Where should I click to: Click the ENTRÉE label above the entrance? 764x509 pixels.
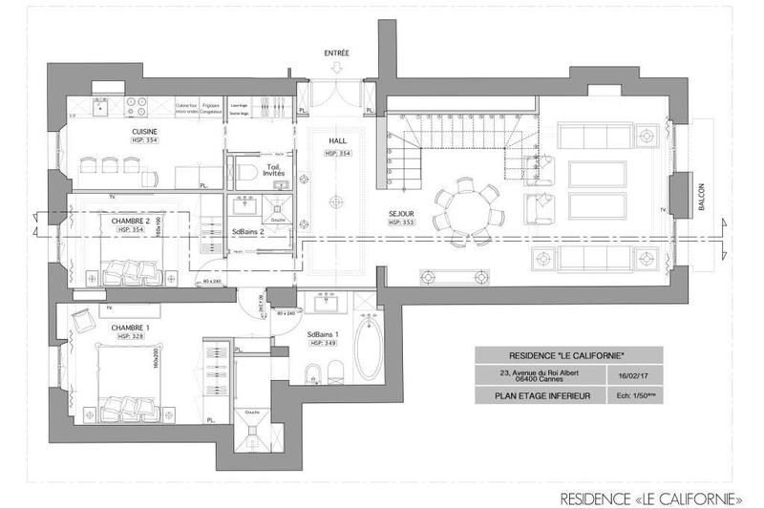coord(336,53)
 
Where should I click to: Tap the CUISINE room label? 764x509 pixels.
coord(145,132)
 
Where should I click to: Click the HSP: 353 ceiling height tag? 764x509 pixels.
coord(402,223)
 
